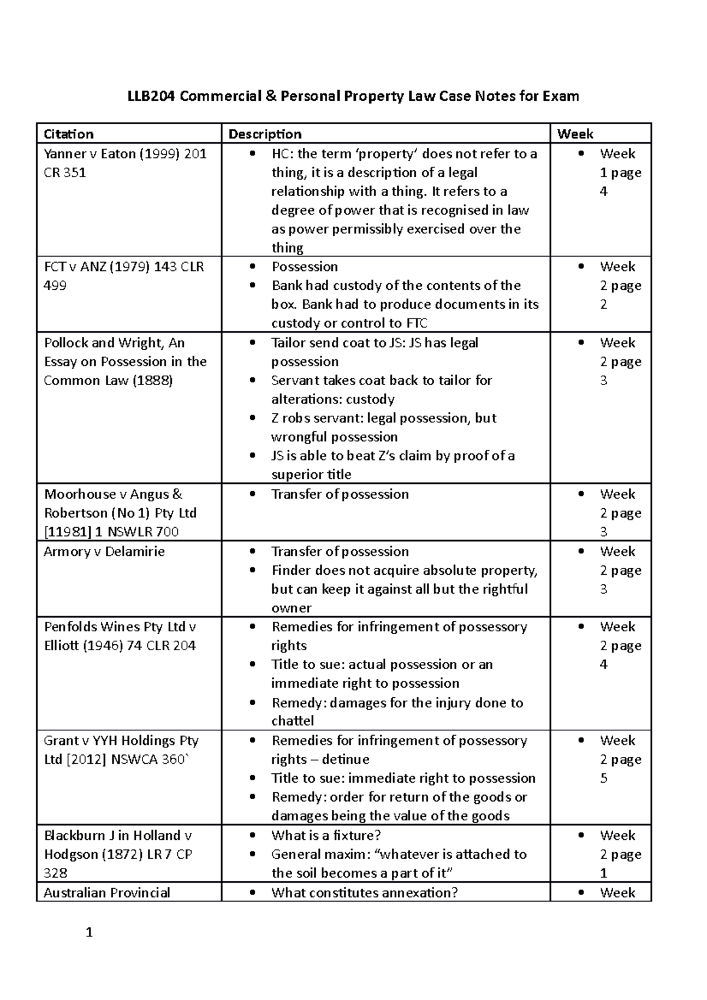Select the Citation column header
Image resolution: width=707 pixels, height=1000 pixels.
[x=68, y=134]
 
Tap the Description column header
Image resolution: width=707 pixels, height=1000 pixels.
[x=265, y=134]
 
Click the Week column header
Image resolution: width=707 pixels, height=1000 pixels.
[x=575, y=134]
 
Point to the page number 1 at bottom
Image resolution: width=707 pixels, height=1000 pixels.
[x=90, y=932]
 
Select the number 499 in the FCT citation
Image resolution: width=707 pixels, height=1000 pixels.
[x=55, y=286]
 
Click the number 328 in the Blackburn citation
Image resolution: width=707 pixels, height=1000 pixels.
[x=55, y=873]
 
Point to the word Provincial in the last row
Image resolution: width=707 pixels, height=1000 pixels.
[x=139, y=892]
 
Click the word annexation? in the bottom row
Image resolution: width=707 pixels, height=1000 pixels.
[x=419, y=892]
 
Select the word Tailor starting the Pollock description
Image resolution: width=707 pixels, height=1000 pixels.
[x=289, y=343]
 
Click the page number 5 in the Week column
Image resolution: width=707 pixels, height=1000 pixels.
[x=603, y=779]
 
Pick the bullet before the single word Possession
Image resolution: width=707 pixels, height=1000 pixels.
[x=253, y=267]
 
